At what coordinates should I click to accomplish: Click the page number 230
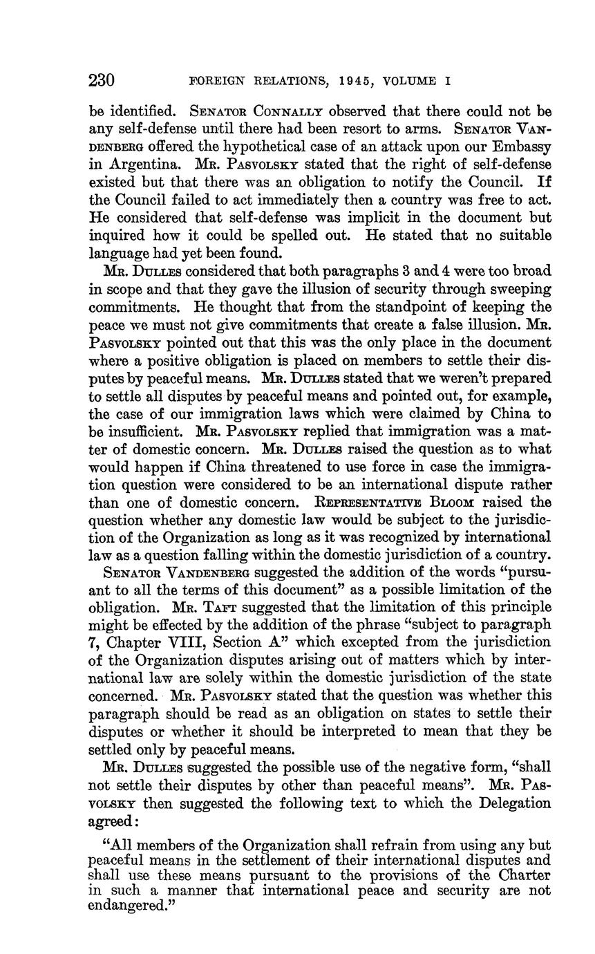point(101,80)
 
